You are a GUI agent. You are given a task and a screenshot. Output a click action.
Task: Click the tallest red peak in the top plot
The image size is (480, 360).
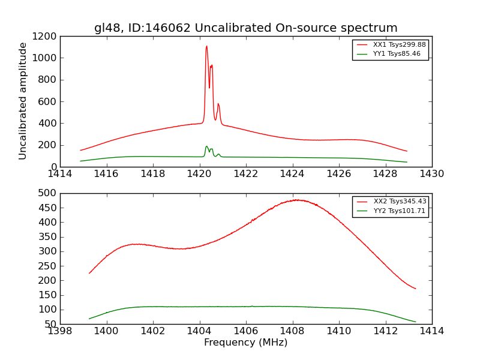206,46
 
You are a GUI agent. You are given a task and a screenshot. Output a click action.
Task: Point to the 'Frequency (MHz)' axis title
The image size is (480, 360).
245,343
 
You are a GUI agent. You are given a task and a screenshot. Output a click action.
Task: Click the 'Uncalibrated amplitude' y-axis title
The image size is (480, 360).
23,101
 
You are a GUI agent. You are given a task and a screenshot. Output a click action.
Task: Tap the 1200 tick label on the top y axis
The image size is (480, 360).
45,36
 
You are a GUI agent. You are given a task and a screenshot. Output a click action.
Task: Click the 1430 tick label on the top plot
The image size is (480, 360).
431,174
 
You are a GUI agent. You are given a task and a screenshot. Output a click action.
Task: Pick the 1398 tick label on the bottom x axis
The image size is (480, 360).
60,331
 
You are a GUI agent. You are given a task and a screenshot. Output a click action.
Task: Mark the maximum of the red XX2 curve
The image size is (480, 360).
296,200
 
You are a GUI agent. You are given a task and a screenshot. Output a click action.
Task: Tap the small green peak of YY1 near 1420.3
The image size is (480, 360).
206,146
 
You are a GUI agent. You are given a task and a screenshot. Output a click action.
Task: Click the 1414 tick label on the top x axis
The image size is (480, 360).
60,174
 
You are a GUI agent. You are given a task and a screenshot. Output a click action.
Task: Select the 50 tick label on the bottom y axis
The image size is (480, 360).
50,323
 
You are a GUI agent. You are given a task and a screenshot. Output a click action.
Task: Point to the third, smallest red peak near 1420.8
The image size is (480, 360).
218,104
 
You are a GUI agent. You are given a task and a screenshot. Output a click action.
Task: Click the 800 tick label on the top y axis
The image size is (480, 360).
47,80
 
